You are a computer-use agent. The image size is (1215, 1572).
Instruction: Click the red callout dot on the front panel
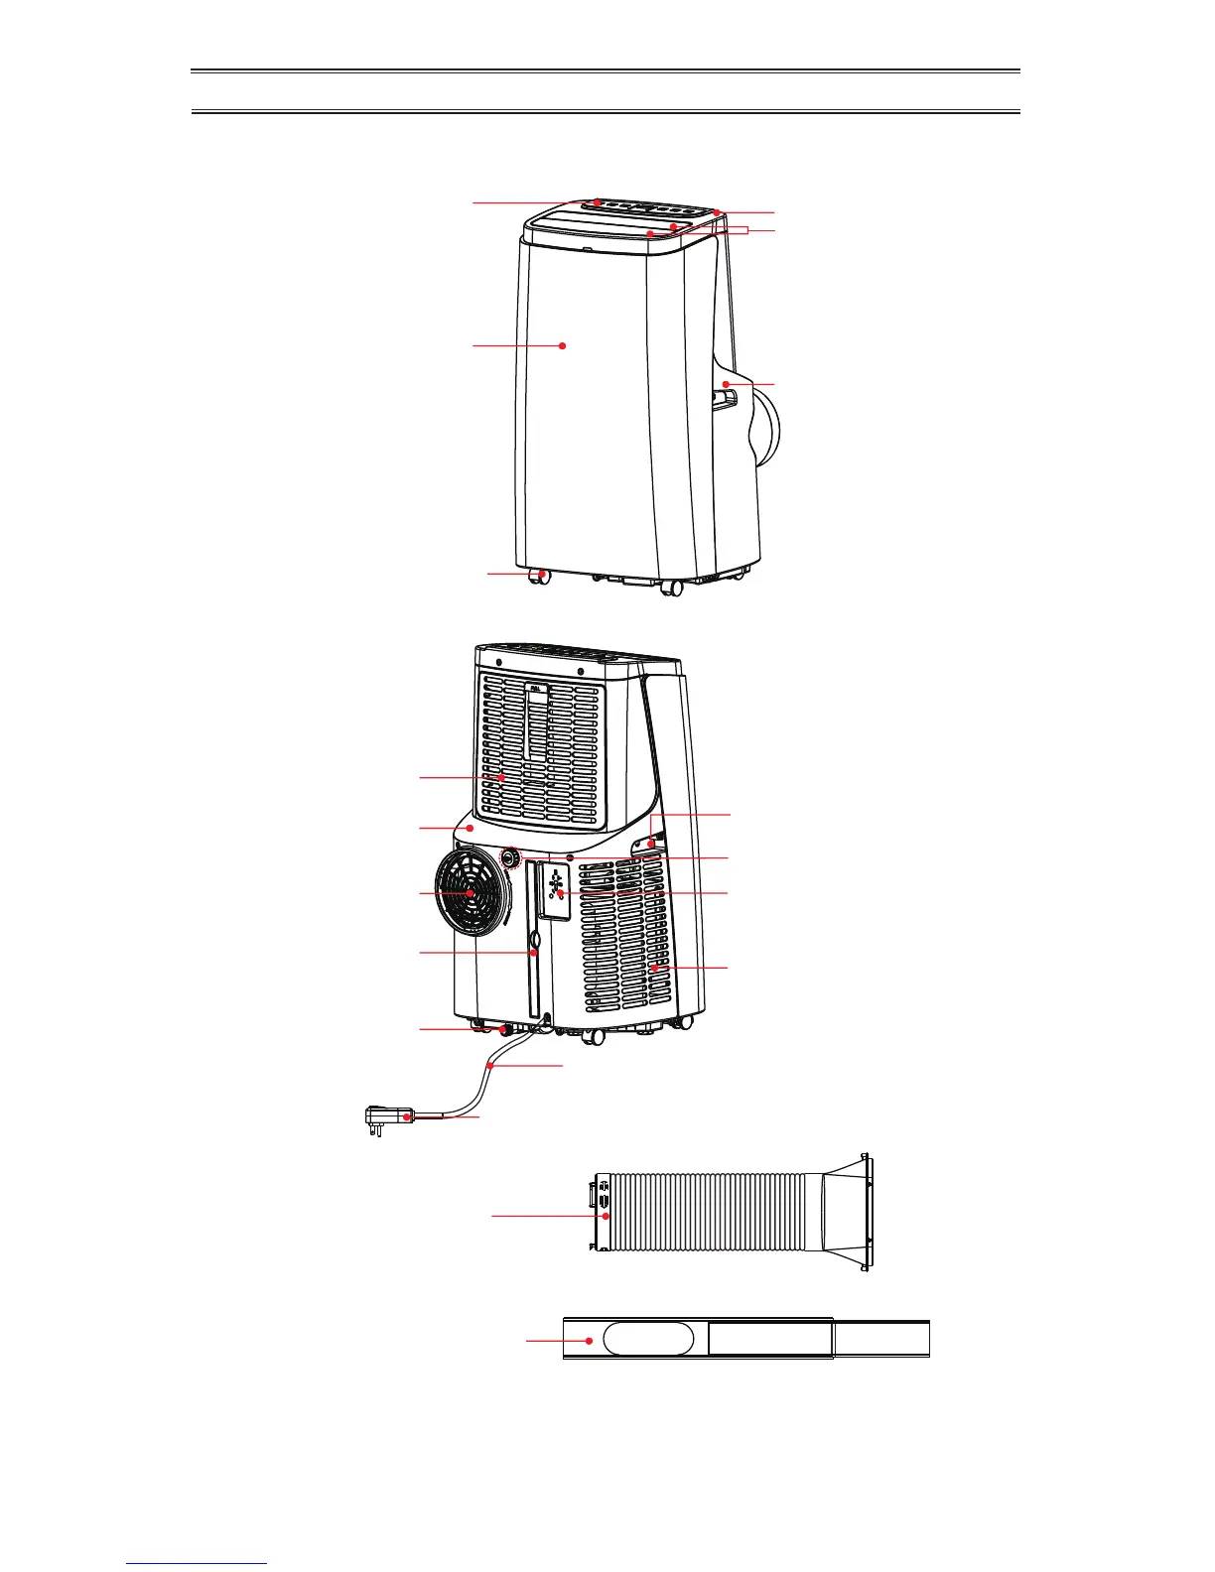click(563, 345)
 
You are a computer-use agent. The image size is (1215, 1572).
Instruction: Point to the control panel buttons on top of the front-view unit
click(645, 208)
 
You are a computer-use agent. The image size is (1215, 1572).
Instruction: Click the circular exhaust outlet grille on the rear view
click(471, 894)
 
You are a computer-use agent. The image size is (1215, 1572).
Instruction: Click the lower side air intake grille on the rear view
click(625, 943)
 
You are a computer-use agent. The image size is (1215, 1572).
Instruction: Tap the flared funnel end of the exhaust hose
click(847, 1212)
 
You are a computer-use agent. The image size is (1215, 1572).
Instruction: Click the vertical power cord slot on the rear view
click(534, 953)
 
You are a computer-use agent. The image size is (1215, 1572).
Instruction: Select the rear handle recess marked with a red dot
click(651, 844)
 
